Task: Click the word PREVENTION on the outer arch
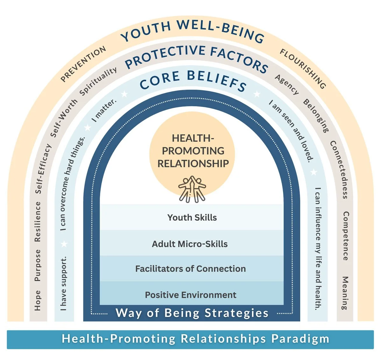(83, 64)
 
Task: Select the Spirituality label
(98, 81)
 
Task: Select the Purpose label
(38, 265)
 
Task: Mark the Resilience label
(38, 221)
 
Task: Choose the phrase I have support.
(64, 283)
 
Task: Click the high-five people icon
(192, 189)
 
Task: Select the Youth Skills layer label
(192, 218)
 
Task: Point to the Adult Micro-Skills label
(190, 244)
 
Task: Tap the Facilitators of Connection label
(190, 269)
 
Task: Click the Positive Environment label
(190, 295)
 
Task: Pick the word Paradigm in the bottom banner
(300, 339)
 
